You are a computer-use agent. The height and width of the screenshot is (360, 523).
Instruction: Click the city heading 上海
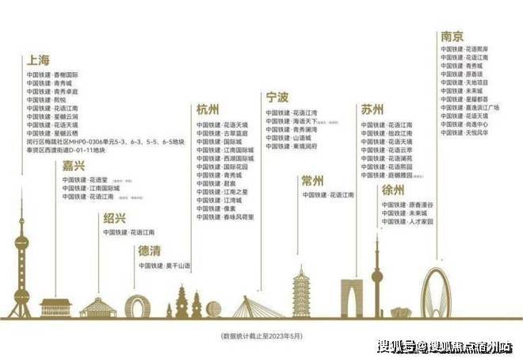[39, 59]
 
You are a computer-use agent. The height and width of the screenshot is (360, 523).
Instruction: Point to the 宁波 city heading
[278, 98]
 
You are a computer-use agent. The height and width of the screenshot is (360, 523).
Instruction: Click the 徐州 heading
[393, 190]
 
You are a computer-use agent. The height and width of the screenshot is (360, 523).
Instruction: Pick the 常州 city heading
[313, 181]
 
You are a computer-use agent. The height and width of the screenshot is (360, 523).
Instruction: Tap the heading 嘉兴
[74, 166]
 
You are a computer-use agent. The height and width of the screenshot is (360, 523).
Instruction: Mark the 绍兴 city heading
[114, 219]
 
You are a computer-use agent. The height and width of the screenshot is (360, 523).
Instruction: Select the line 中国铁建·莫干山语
[165, 265]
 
